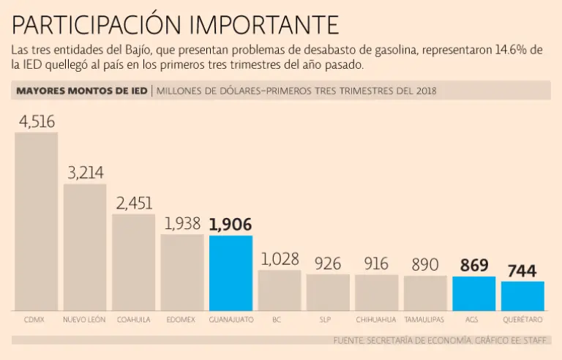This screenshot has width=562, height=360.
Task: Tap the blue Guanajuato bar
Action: pos(231,273)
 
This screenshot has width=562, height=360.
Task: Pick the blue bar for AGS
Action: pos(473,293)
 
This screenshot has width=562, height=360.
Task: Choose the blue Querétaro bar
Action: pos(522,296)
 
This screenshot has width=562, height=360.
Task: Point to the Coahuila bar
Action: pos(133,262)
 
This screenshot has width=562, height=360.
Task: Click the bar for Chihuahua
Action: pos(376,292)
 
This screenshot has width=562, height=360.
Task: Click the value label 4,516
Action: pos(37,121)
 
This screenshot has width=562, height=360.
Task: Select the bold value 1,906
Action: pos(231,225)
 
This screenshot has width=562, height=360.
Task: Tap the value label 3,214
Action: pos(86,173)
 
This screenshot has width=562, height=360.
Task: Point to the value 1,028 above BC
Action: pos(280,260)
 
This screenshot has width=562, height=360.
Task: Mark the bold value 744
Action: pos(522,271)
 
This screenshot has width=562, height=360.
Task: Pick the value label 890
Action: pos(425,264)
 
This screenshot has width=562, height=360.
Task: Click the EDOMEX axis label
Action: pos(182,320)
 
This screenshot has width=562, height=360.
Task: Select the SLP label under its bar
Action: pos(328,320)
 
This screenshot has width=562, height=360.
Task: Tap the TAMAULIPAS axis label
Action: pos(425,320)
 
